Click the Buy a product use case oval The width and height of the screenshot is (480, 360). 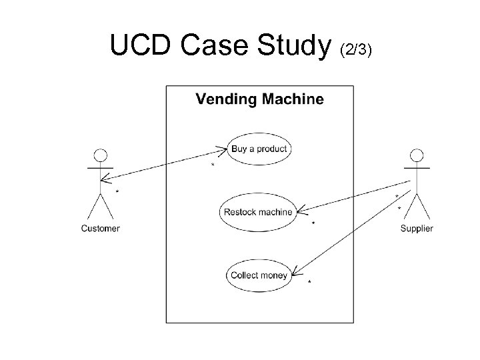(x=259, y=149)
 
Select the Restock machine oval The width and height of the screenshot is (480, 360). (x=258, y=212)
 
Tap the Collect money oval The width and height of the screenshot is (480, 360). (x=259, y=275)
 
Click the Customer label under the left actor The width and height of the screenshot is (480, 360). (x=100, y=229)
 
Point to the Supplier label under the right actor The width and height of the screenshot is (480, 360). (x=416, y=229)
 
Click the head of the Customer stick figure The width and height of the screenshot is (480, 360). (x=100, y=157)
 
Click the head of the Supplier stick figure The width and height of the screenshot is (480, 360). (x=417, y=157)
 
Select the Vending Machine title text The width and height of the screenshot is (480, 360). (x=259, y=100)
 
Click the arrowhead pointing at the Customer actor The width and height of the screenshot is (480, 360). (x=103, y=179)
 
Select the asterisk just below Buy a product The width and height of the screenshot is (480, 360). (x=213, y=165)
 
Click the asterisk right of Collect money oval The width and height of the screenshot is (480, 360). (x=309, y=283)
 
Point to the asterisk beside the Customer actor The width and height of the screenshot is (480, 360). (x=117, y=192)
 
